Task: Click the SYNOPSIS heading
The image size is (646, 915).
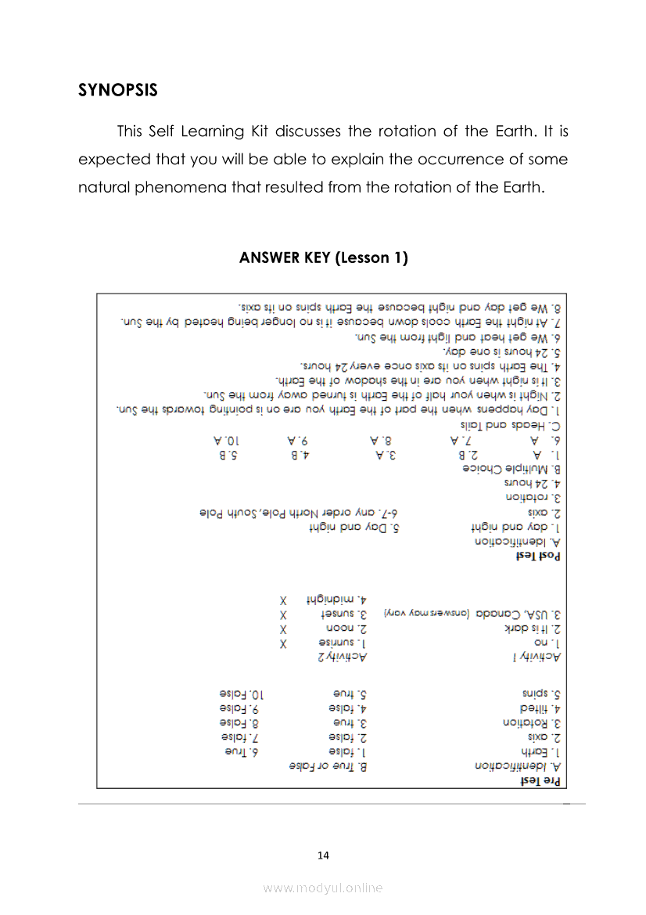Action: (x=118, y=90)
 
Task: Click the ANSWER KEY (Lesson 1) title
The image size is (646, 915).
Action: (x=323, y=258)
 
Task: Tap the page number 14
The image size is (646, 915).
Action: (x=323, y=855)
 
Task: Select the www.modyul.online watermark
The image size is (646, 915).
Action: (x=323, y=888)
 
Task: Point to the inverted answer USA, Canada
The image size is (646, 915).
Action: (x=526, y=614)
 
